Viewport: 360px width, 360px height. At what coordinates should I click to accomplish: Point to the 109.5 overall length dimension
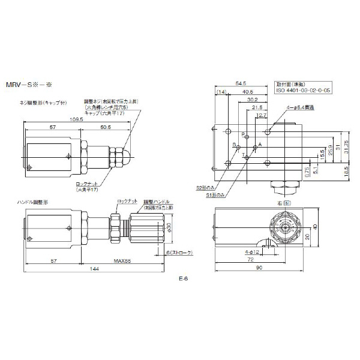(76, 119)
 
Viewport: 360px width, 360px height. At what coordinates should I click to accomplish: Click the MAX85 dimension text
(123, 261)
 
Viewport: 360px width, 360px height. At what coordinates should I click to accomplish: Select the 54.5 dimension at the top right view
(241, 85)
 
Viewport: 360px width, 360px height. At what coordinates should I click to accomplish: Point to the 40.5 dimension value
(247, 92)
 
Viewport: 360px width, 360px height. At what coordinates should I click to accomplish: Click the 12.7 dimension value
(261, 115)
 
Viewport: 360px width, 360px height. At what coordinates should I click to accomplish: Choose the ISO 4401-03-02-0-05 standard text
(303, 91)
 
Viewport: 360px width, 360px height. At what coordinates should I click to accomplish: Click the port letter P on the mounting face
(243, 135)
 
